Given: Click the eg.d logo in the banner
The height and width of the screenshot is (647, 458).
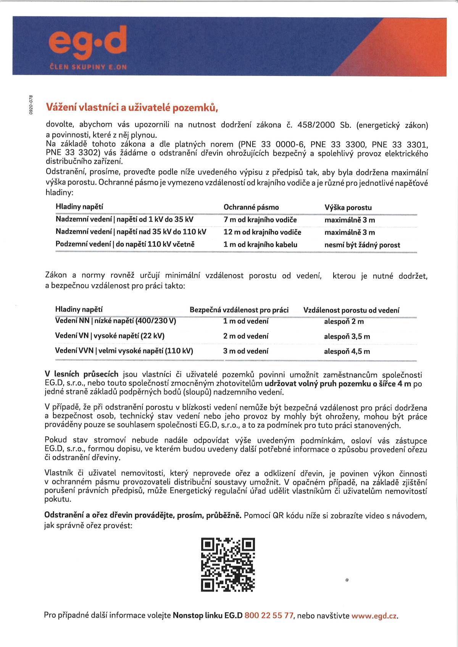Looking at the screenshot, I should pyautogui.click(x=88, y=43).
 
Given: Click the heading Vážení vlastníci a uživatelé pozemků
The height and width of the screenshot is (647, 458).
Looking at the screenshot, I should pyautogui.click(x=132, y=108).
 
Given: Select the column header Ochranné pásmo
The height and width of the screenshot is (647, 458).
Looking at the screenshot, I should pyautogui.click(x=251, y=207).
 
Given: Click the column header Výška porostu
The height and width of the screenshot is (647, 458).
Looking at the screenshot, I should pyautogui.click(x=348, y=208).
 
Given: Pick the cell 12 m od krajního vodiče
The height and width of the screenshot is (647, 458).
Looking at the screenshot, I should pyautogui.click(x=262, y=232).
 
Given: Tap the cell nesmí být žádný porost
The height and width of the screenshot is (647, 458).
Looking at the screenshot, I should pyautogui.click(x=362, y=245).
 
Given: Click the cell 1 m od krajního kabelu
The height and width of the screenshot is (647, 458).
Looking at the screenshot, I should pyautogui.click(x=260, y=245).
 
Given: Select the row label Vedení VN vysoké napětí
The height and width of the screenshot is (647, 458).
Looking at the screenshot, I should pyautogui.click(x=110, y=336).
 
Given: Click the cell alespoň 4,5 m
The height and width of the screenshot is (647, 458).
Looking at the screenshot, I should pyautogui.click(x=347, y=351).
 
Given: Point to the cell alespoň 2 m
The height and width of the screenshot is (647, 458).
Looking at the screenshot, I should pyautogui.click(x=343, y=322).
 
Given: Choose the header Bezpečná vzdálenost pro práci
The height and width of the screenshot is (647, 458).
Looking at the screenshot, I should pyautogui.click(x=239, y=310).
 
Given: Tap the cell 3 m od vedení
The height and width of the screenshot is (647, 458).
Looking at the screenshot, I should pyautogui.click(x=245, y=351).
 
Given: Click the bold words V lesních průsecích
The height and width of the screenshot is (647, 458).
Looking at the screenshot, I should pyautogui.click(x=81, y=375).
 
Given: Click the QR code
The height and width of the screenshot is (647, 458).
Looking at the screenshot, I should pyautogui.click(x=227, y=565).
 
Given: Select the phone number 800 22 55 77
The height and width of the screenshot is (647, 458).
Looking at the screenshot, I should pyautogui.click(x=269, y=615).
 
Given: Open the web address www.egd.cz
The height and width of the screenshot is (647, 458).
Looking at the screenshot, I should pyautogui.click(x=374, y=615).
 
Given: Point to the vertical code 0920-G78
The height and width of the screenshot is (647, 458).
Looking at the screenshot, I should pyautogui.click(x=32, y=104).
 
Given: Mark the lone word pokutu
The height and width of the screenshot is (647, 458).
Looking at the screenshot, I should pyautogui.click(x=58, y=499).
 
